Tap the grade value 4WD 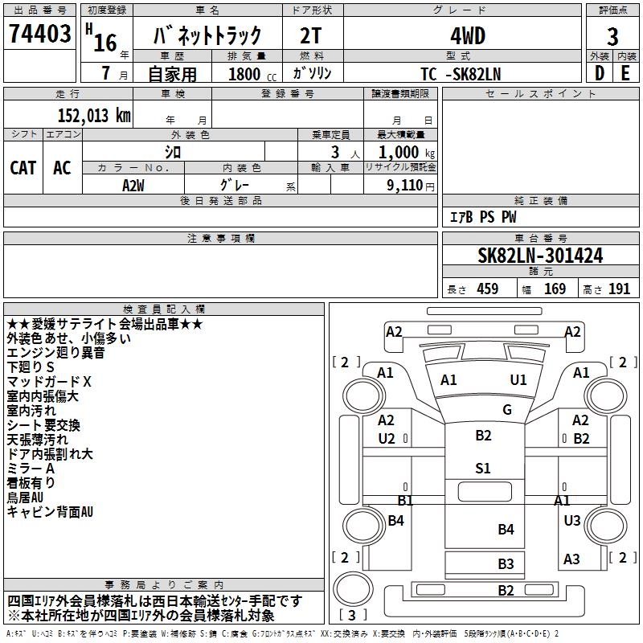[462, 37]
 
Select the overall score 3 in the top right [612, 37]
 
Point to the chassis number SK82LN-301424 [540, 256]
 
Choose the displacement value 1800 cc [250, 74]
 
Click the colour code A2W [133, 184]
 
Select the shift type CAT [23, 167]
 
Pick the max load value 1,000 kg [401, 152]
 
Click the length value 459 [487, 289]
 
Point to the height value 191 [619, 289]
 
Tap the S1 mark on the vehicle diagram [482, 469]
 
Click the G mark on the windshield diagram [506, 410]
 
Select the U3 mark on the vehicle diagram [571, 521]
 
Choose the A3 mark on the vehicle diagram [571, 559]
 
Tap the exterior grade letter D [599, 73]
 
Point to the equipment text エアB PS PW [482, 217]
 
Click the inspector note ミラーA [31, 469]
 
